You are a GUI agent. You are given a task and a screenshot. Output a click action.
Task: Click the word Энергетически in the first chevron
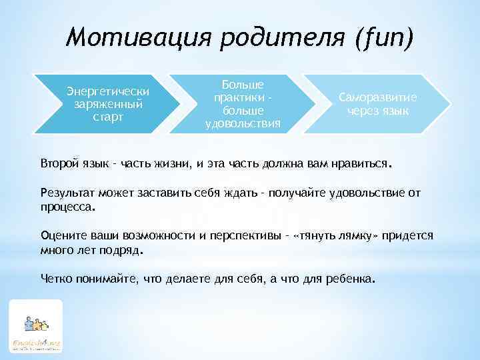tap(107, 91)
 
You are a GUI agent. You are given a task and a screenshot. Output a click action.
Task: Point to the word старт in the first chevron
tap(107, 117)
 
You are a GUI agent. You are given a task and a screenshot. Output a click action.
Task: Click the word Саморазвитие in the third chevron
tap(378, 97)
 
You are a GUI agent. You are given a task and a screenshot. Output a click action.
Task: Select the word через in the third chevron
tap(364, 111)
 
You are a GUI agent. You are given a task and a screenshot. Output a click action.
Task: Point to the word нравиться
tap(365, 163)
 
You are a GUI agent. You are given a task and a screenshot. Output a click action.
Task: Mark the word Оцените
tap(61, 237)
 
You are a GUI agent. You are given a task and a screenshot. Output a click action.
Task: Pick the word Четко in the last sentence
tap(55, 279)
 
